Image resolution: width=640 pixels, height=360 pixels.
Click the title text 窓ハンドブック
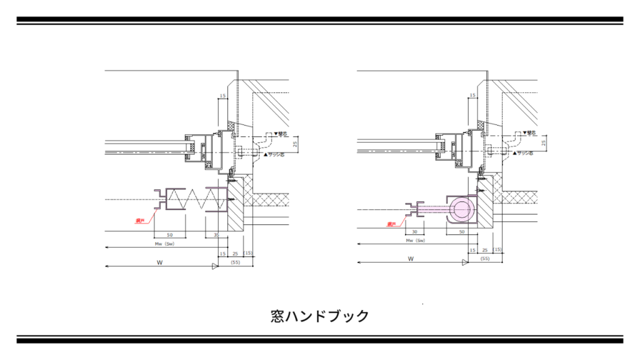pyautogui.click(x=320, y=316)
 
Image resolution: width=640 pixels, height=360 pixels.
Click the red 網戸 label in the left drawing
pyautogui.click(x=139, y=221)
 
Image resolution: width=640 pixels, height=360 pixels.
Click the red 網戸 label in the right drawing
pyautogui.click(x=392, y=224)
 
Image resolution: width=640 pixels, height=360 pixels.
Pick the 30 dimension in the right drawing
pyautogui.click(x=414, y=231)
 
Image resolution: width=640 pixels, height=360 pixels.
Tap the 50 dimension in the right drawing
pyautogui.click(x=462, y=231)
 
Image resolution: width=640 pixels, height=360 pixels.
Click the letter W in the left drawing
pyautogui.click(x=160, y=263)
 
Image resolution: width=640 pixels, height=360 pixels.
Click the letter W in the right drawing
pyautogui.click(x=411, y=258)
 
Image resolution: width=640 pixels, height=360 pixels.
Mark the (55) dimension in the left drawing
pyautogui.click(x=236, y=263)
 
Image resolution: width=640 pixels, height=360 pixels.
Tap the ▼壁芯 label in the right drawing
pyautogui.click(x=527, y=132)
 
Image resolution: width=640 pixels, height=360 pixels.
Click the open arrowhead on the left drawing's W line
pyautogui.click(x=216, y=267)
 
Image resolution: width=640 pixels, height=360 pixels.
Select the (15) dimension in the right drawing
pyautogui.click(x=497, y=249)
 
